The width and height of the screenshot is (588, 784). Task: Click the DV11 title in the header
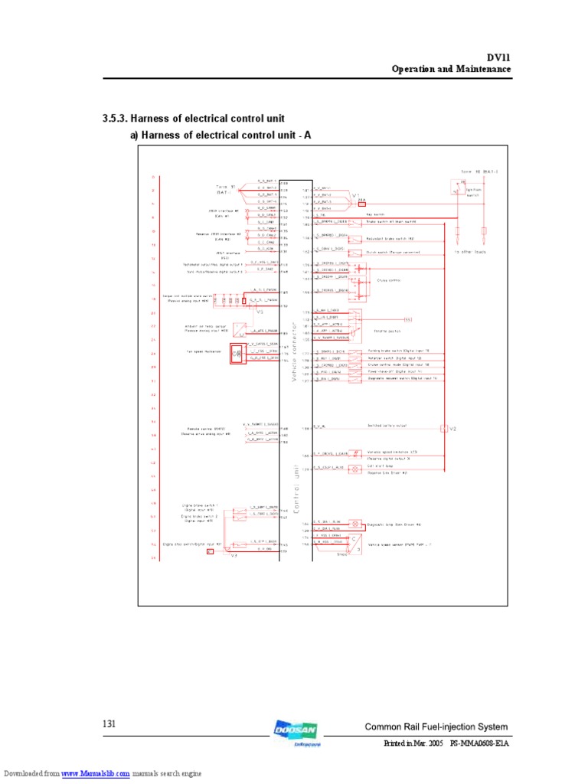tap(498, 57)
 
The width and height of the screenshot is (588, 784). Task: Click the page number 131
tap(109, 724)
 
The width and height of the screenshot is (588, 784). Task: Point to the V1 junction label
tap(356, 196)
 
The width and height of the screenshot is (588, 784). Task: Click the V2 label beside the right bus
tap(452, 429)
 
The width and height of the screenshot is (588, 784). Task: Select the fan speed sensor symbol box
tap(237, 354)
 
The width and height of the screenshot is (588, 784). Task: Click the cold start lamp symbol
tap(355, 469)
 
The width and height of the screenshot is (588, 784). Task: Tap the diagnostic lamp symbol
tap(355, 524)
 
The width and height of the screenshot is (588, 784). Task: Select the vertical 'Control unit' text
tap(295, 490)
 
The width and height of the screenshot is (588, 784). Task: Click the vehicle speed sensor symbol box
tap(354, 543)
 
